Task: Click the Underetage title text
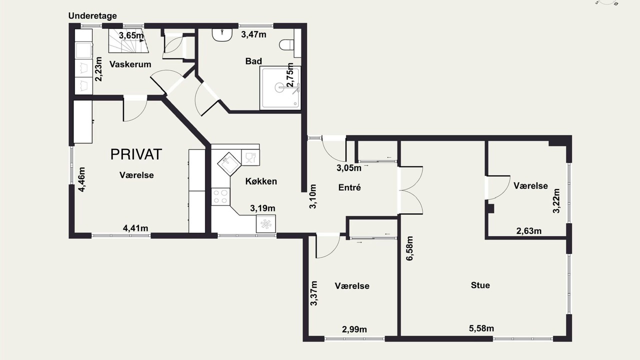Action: coord(92,15)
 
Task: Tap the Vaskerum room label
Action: coord(130,64)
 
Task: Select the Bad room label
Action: coord(253,61)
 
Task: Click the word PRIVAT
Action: coord(136,154)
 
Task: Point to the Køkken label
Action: coord(261,181)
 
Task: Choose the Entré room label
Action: coord(349,187)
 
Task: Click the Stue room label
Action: coord(480,285)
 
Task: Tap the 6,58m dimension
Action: coord(409,248)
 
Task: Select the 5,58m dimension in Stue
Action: coord(481,328)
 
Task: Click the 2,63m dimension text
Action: coord(529,231)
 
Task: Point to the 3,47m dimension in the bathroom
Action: coord(253,34)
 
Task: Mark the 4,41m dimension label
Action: coord(135,228)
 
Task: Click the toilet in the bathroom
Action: coord(286,45)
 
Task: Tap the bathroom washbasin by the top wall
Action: coord(221,35)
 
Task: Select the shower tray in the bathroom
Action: coord(280,88)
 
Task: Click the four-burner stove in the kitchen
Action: coord(220,196)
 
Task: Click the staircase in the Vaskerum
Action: coord(128,41)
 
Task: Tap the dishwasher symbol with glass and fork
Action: coord(250,157)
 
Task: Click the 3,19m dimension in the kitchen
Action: coord(262,208)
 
